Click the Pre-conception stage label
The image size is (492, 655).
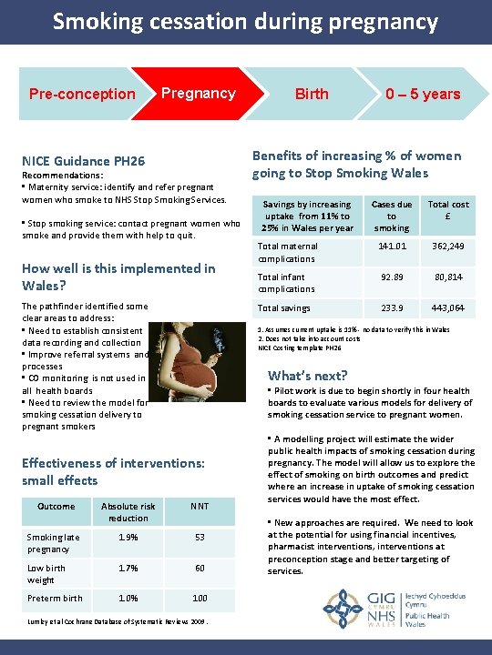(x=82, y=94)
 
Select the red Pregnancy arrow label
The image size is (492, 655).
(x=198, y=93)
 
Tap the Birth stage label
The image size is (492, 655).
(x=312, y=94)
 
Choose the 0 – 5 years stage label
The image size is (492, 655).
(x=422, y=94)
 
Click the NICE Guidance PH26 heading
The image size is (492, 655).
(x=83, y=161)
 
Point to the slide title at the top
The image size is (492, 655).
(x=245, y=22)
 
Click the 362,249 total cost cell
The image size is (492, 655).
(x=448, y=246)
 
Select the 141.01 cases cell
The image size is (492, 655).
(x=392, y=246)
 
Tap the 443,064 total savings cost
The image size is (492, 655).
(x=448, y=307)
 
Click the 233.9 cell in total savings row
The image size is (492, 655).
(x=392, y=307)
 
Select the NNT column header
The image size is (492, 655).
(x=200, y=506)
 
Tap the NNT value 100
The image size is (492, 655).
(x=200, y=598)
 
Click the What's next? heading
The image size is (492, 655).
(x=307, y=375)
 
